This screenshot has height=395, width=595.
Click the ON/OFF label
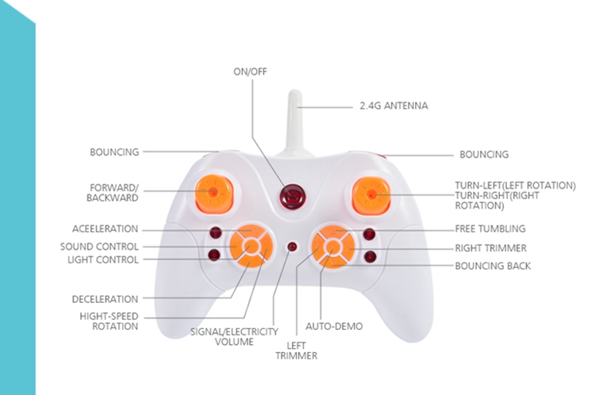point(250,71)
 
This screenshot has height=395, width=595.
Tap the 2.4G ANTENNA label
point(393,105)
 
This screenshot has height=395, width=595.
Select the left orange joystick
point(214,192)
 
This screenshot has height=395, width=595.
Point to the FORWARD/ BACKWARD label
point(114,193)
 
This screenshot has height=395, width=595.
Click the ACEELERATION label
point(105,229)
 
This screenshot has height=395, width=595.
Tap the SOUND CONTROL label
point(99,247)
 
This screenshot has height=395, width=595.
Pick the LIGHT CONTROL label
point(103,259)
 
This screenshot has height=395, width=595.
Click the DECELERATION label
point(105,299)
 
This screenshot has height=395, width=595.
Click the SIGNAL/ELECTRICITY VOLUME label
point(234,336)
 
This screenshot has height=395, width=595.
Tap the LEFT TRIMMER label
point(296,351)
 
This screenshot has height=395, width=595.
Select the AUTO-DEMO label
point(335,327)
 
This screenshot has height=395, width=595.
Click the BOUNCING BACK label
point(493,266)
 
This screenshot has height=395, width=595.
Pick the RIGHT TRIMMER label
point(490,247)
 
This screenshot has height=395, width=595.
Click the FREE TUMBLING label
point(489,229)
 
